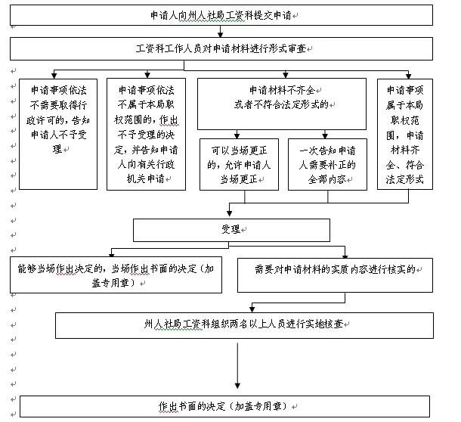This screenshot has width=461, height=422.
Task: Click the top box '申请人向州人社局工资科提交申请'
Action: pyautogui.click(x=221, y=14)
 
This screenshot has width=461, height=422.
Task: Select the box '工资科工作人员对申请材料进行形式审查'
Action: pyautogui.click(x=221, y=48)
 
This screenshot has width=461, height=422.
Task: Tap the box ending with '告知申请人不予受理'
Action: pyautogui.click(x=59, y=132)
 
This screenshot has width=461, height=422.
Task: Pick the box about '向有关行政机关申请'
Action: pyautogui.click(x=147, y=132)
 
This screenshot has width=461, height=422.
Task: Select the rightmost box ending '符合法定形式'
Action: pyautogui.click(x=405, y=132)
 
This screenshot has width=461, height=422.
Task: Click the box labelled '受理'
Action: pyautogui.click(x=231, y=230)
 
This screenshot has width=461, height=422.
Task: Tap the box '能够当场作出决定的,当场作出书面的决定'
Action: pyautogui.click(x=116, y=275)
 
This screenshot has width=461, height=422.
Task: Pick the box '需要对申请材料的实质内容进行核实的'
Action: pyautogui.click(x=335, y=275)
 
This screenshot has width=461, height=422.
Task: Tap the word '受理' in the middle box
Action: pyautogui.click(x=230, y=229)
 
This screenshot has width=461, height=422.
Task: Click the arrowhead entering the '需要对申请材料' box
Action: pyautogui.click(x=345, y=255)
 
